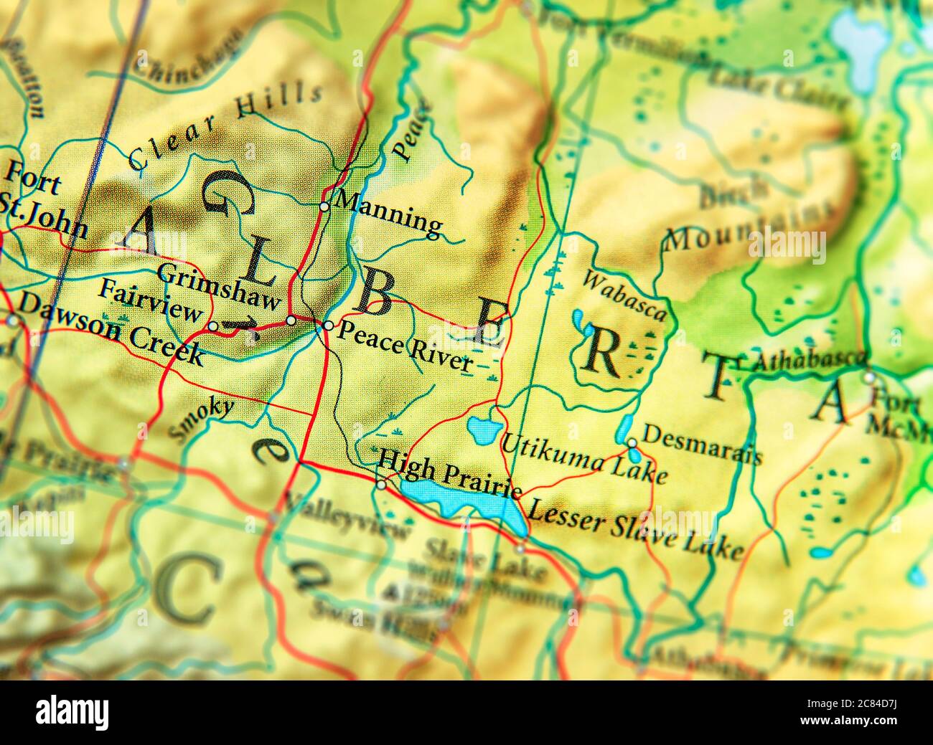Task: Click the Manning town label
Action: [389, 213]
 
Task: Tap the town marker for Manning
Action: [324, 207]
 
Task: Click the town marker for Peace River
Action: [328, 326]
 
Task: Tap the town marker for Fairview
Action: [213, 326]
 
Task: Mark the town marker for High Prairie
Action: [381, 485]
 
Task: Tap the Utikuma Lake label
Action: [584, 459]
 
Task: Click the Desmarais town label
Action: [701, 443]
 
